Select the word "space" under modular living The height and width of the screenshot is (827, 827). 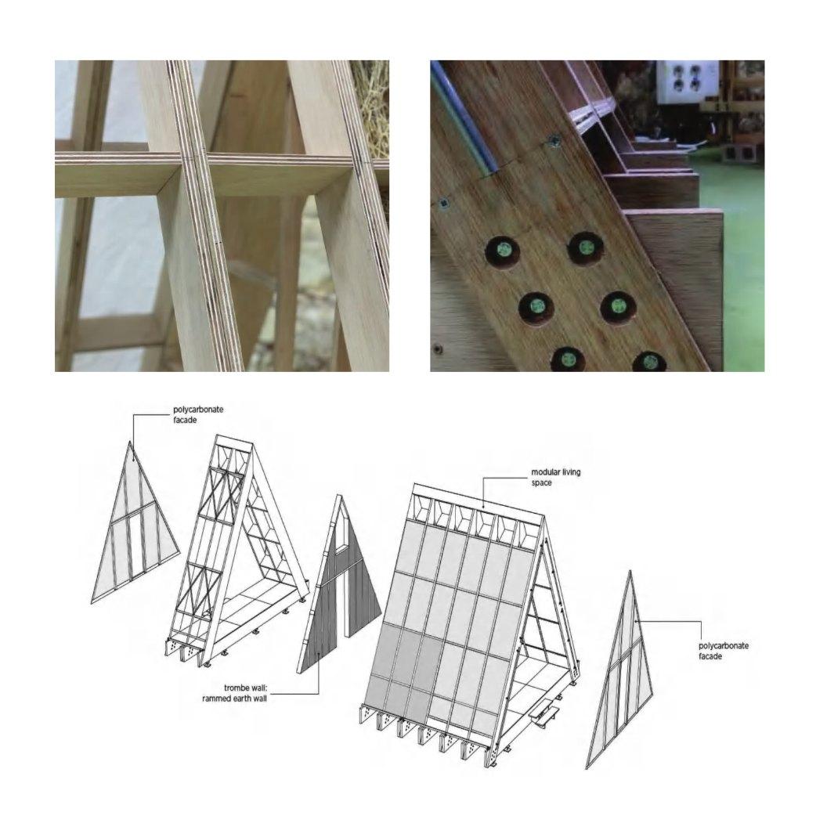pos(542,482)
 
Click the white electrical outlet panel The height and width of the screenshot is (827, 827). pos(687,81)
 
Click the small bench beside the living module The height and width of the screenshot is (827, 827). pos(545,717)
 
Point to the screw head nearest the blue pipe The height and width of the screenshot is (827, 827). pos(554,140)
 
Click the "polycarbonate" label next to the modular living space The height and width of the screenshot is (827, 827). pos(723,645)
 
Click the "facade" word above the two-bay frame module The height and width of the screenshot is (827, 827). pos(185,421)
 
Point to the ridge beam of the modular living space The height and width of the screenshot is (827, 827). pos(478,500)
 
